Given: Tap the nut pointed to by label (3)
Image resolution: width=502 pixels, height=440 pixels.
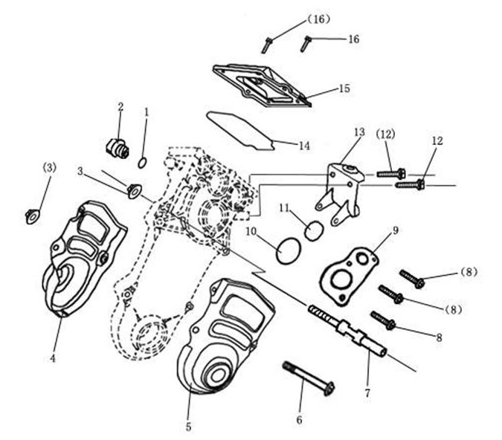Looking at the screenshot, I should [30, 216].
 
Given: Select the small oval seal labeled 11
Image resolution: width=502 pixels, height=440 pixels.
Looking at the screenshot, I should [315, 230].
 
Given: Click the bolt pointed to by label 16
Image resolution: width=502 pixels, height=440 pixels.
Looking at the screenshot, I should [305, 44].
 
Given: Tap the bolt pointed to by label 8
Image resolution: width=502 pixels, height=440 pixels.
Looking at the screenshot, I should [383, 320].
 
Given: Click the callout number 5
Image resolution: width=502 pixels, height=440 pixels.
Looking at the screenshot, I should [188, 427].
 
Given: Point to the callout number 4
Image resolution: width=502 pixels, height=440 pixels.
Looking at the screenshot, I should [53, 358].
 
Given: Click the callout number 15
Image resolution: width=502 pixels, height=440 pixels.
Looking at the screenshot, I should [344, 88].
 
